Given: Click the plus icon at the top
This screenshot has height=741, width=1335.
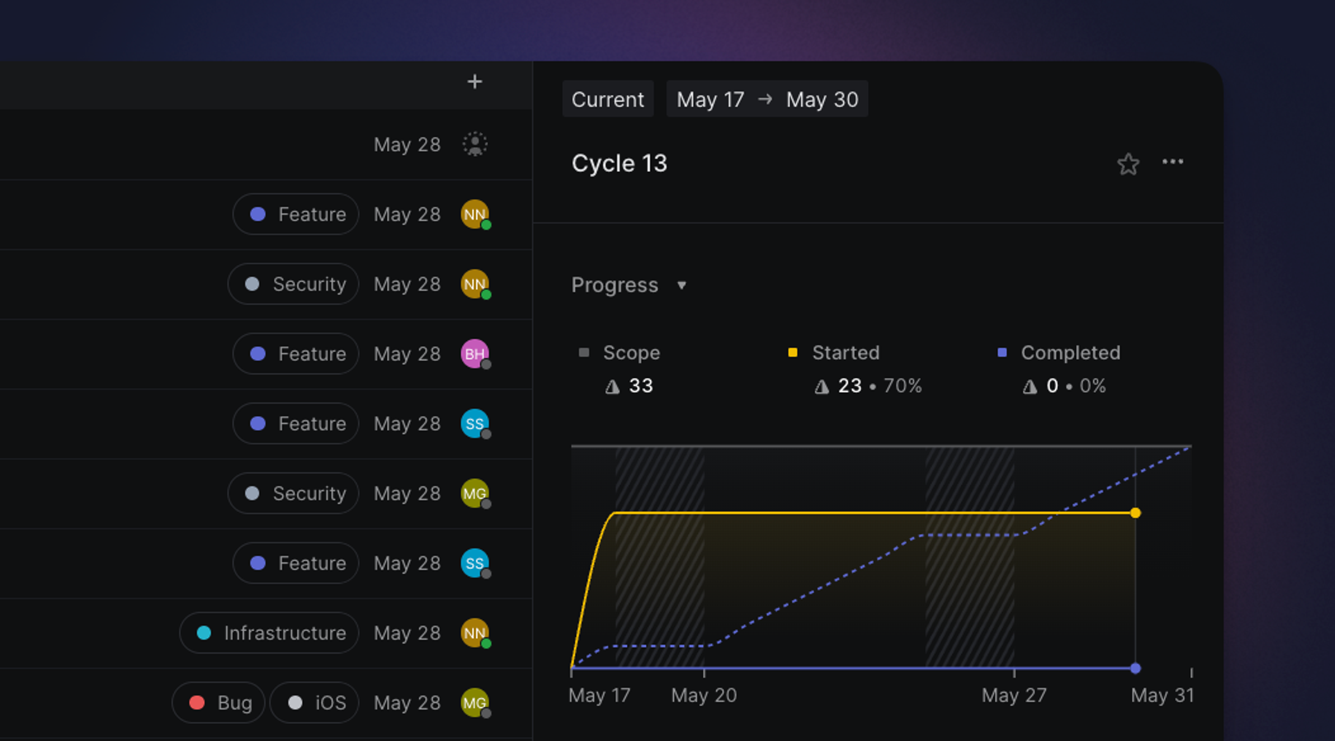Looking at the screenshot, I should [x=474, y=82].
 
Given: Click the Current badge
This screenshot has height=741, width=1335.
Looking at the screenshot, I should [x=607, y=99].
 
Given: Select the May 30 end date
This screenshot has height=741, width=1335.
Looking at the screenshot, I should [x=822, y=99].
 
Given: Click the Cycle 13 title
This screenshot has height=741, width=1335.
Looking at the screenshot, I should [x=619, y=163].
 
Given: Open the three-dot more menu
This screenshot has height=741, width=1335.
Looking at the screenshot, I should [x=1172, y=162].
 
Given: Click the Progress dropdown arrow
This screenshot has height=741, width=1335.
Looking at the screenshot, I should [x=681, y=285].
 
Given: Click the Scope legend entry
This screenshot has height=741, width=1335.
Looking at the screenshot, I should [x=631, y=352].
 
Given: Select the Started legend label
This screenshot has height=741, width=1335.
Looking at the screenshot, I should [x=845, y=352].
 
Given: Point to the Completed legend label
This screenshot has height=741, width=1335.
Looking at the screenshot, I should [x=1070, y=352].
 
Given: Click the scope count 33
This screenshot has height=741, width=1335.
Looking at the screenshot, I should [x=641, y=386].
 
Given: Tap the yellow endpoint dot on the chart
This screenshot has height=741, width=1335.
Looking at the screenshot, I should [x=1135, y=513].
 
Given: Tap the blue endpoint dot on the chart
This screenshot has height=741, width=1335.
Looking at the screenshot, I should [x=1135, y=668].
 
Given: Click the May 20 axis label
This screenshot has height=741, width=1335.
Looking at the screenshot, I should [x=704, y=695].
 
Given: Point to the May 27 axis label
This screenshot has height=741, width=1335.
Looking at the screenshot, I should [x=1014, y=695].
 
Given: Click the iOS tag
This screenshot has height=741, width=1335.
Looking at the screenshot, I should [x=315, y=703].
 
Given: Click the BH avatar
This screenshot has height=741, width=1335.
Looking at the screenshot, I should [x=474, y=354].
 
